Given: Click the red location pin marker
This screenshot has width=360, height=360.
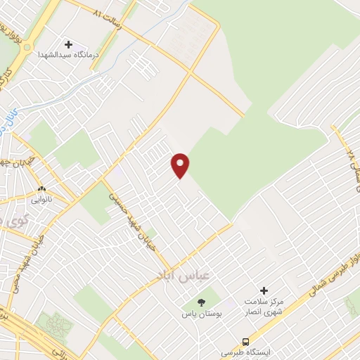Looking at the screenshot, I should click(x=181, y=165).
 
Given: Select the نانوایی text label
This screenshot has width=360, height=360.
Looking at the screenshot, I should click(x=40, y=199).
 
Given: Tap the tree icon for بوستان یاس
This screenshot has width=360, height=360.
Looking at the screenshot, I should click(x=202, y=303).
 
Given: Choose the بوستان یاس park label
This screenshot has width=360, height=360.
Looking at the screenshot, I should click(x=202, y=313).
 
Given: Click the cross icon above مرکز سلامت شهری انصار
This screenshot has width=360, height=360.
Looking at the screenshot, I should click(x=264, y=290).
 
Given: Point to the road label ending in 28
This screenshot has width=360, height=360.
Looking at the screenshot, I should click(x=347, y=159).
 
